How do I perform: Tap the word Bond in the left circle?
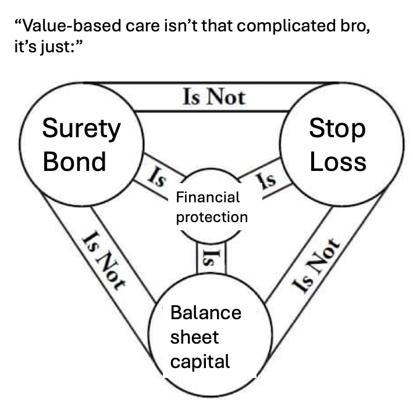pos(74,161)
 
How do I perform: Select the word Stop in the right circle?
pos(337,129)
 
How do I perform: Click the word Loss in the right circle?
pos(337,161)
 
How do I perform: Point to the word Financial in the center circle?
pos(208,197)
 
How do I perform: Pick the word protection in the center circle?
pos(212,217)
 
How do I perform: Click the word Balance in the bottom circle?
pos(205,312)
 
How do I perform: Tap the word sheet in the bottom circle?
pos(194,337)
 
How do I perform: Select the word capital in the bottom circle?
pos(200,362)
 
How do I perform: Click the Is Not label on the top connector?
pos(213,96)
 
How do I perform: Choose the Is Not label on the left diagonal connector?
pos(104,260)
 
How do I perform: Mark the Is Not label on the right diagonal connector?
pos(315,265)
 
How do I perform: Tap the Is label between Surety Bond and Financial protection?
pos(155,176)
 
